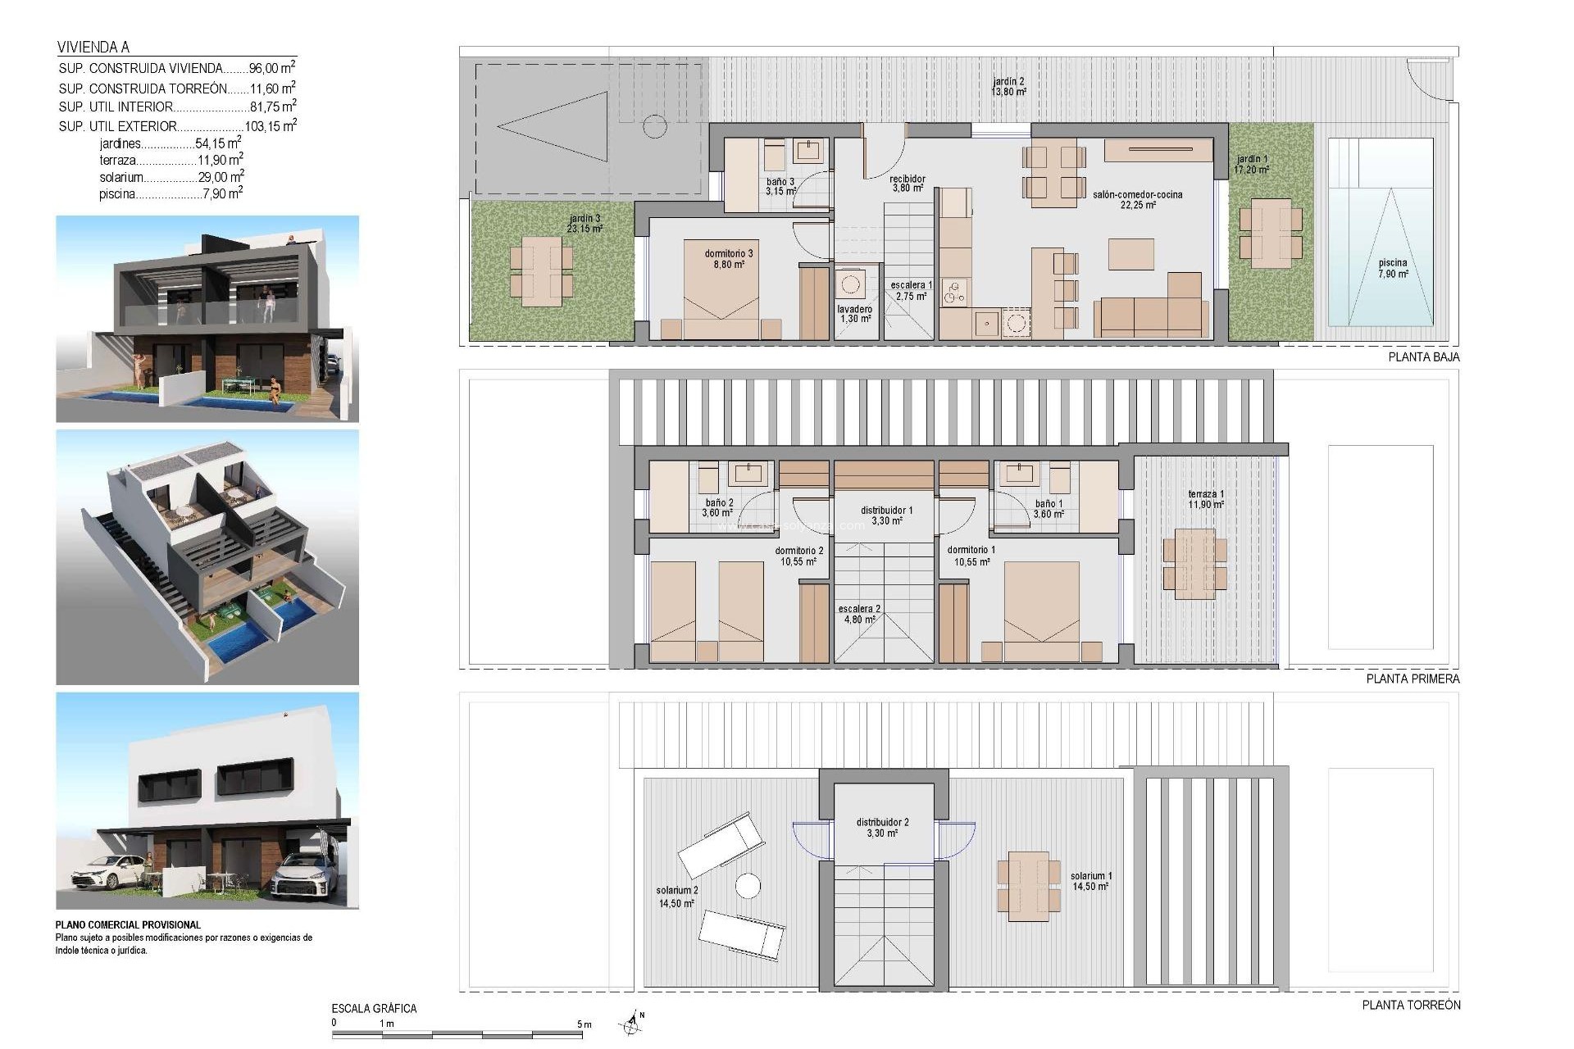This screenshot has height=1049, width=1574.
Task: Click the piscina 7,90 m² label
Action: coord(1392,269)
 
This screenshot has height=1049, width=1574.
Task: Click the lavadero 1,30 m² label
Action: coord(855,314)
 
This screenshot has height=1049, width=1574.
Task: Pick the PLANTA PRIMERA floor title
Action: coord(1413,679)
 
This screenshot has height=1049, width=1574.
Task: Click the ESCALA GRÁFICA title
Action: coord(374,1009)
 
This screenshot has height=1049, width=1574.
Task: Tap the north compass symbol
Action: coord(630,1022)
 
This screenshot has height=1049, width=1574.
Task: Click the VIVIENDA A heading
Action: coord(93,47)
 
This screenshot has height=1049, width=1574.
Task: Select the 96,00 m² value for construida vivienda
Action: coord(271,69)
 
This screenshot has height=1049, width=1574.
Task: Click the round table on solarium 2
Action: coord(747,886)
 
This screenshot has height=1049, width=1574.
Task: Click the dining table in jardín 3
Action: coord(541,270)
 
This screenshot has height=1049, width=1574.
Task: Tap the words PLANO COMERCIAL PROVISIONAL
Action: coord(128,924)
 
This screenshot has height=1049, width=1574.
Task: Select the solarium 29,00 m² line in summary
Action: coord(171,177)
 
